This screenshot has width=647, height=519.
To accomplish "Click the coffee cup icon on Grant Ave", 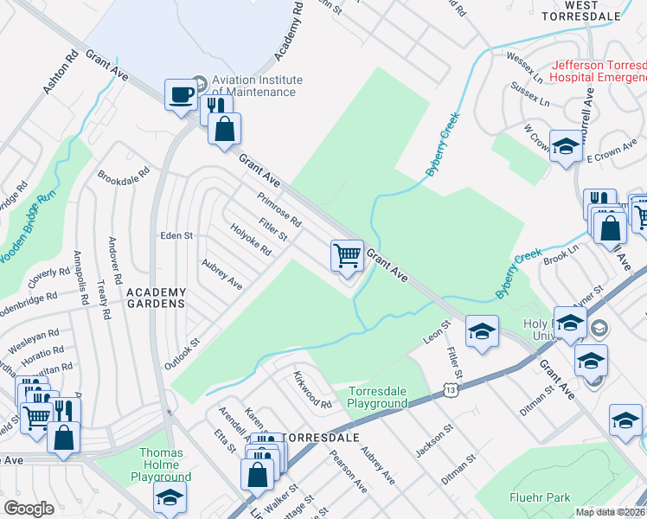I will (182, 94).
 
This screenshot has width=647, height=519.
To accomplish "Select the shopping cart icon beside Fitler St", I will (347, 257).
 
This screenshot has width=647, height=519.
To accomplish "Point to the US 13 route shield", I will (451, 392).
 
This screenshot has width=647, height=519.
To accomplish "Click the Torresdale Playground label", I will (377, 397).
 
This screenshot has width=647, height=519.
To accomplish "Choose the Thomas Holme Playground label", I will (161, 465).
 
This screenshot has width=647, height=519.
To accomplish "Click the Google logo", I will (29, 508).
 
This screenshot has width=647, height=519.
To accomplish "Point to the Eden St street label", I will (176, 235).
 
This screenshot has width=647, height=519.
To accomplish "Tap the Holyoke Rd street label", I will (251, 240).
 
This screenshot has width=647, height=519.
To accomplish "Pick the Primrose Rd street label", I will (279, 209).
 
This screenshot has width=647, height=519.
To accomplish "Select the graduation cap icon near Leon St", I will (482, 331).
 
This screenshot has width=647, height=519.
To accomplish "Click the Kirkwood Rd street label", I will (312, 391).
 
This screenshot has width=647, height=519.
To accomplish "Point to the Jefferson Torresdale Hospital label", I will (599, 71).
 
